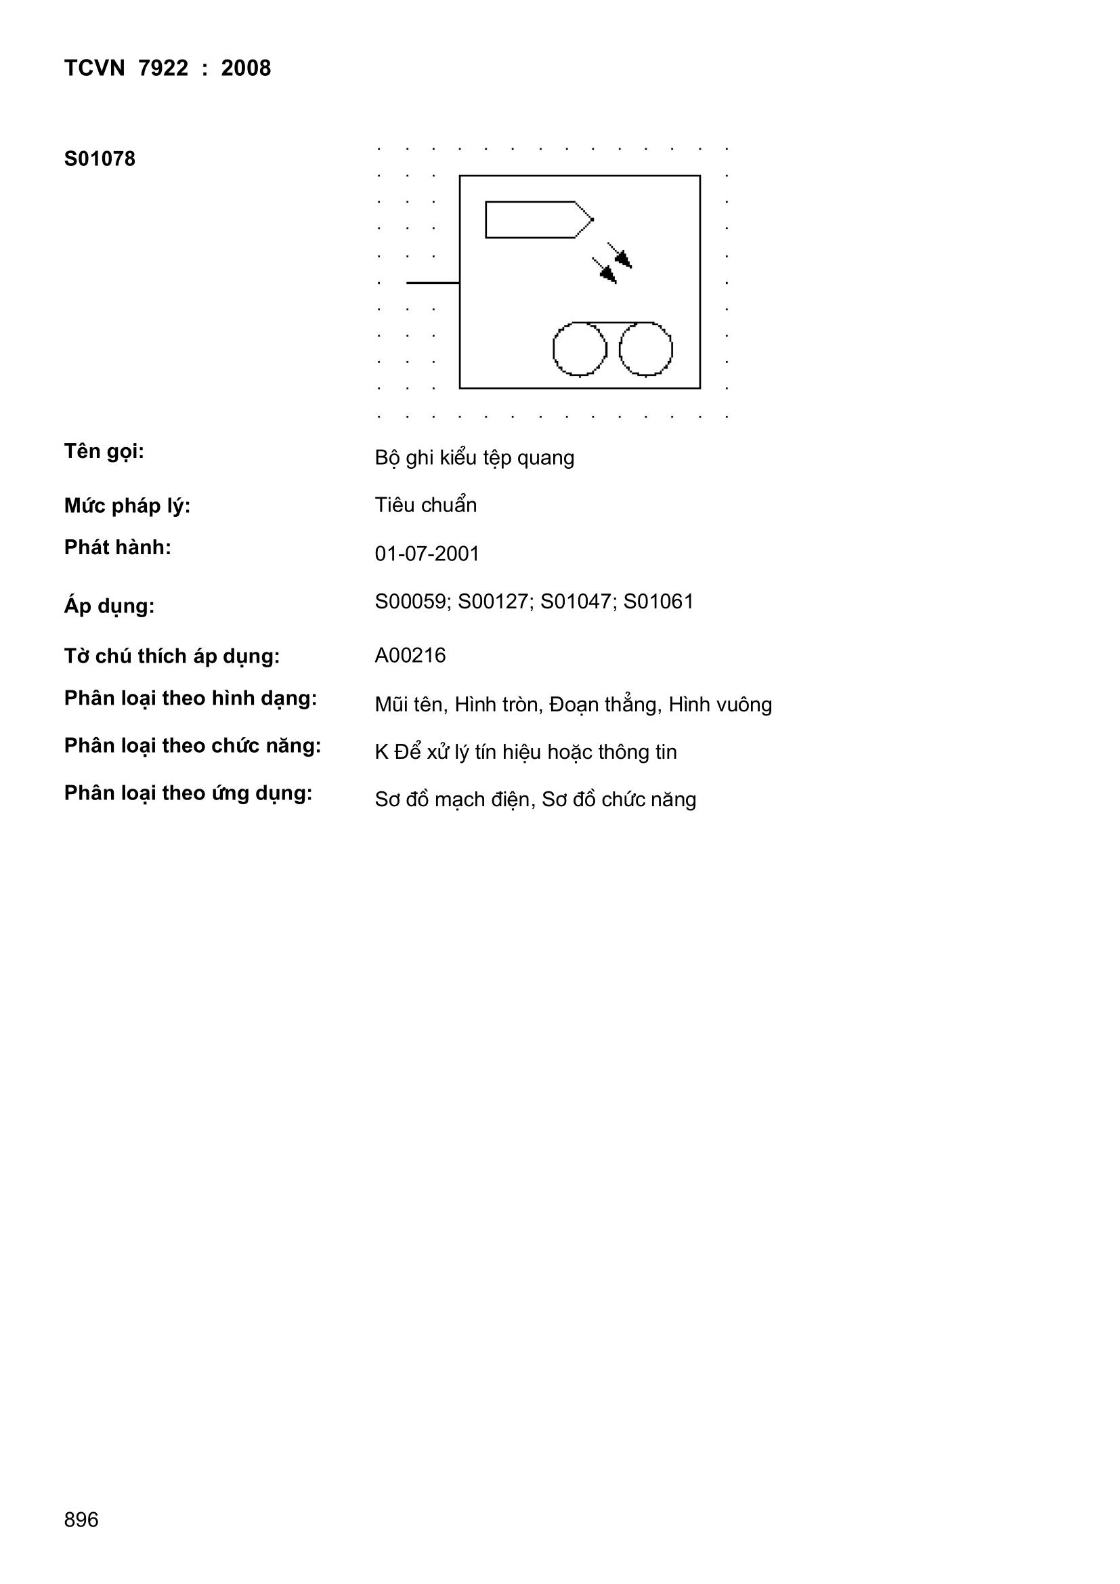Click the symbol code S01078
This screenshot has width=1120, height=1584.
tap(100, 159)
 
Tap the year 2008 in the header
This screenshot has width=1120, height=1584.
tap(246, 68)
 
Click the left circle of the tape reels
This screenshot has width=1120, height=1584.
tap(580, 349)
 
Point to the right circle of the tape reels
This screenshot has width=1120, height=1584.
tap(645, 349)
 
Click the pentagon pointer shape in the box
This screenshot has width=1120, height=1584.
tap(539, 220)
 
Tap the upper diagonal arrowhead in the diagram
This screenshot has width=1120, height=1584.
tap(624, 259)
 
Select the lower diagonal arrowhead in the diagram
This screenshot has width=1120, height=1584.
tap(608, 274)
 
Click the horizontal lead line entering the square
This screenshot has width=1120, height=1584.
tap(433, 282)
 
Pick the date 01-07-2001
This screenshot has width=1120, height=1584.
tap(427, 554)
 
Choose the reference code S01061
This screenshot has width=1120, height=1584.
tap(659, 602)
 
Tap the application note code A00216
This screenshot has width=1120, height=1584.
tap(410, 655)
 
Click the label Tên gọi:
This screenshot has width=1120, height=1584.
tap(104, 453)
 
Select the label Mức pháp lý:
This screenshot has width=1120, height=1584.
tap(127, 506)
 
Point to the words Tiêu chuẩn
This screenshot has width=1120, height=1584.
tap(425, 505)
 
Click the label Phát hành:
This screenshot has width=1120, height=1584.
tap(117, 548)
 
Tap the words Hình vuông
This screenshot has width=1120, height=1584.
tap(720, 705)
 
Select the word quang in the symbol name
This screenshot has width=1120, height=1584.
tap(546, 459)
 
